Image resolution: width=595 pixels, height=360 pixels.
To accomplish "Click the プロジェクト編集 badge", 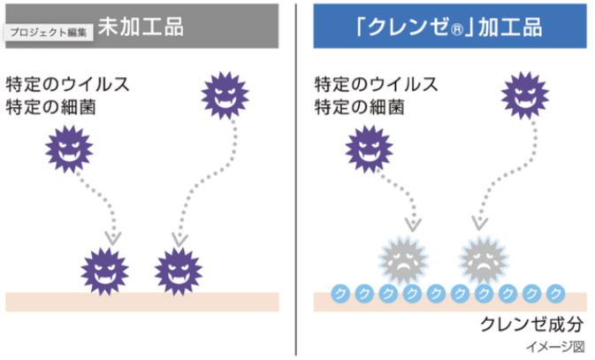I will point(50,32).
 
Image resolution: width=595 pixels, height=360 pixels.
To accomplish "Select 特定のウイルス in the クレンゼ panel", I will point(377,86).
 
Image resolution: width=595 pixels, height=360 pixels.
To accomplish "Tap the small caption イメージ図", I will point(555,346).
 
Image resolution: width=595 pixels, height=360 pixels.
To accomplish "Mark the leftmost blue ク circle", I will point(339,293).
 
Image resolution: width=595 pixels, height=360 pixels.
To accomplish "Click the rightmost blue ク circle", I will point(556,293).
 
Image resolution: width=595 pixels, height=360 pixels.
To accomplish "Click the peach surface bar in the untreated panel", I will point(142,302).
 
